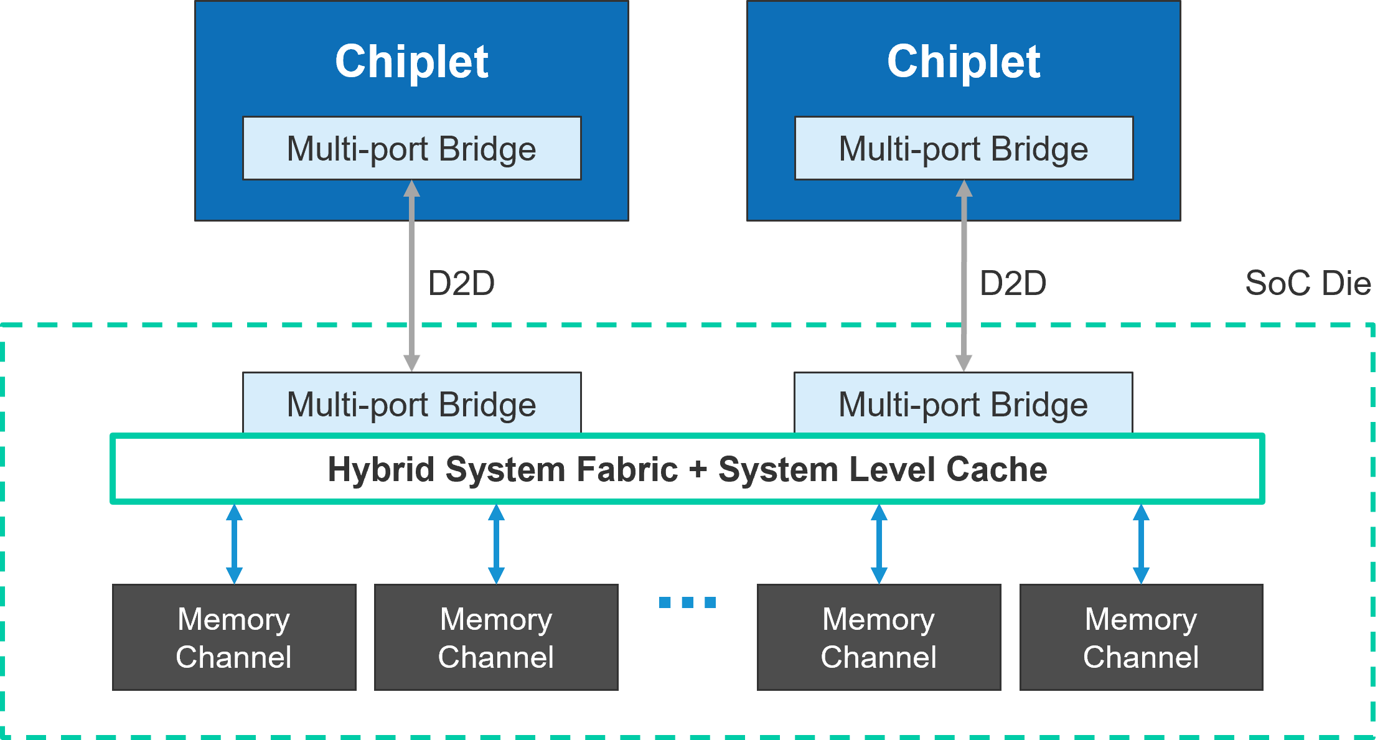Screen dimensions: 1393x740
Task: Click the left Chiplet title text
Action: (411, 62)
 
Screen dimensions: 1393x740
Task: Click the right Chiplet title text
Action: (964, 62)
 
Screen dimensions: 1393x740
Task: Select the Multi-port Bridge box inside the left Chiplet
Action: (412, 148)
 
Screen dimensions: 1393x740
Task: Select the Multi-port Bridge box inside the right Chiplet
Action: (964, 148)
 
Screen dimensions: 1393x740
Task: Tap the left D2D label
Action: (461, 283)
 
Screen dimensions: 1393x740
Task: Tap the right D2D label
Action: (1013, 283)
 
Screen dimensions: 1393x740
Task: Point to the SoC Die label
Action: (1308, 283)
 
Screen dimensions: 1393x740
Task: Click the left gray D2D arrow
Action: (411, 276)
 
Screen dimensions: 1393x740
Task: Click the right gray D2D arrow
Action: (964, 276)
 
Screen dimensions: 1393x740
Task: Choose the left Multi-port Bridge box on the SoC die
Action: (412, 403)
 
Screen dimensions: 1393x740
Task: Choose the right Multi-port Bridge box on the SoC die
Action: (964, 403)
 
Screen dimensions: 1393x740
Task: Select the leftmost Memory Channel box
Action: (234, 637)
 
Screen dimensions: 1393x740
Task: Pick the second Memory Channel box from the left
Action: (496, 637)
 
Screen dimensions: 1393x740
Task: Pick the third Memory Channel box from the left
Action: (879, 637)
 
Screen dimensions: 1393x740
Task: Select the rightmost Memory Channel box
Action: (1142, 637)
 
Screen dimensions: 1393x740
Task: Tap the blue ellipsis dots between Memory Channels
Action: (688, 602)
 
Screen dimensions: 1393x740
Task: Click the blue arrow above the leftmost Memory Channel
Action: (234, 544)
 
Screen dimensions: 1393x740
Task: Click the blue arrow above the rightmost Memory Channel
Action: (1141, 544)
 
